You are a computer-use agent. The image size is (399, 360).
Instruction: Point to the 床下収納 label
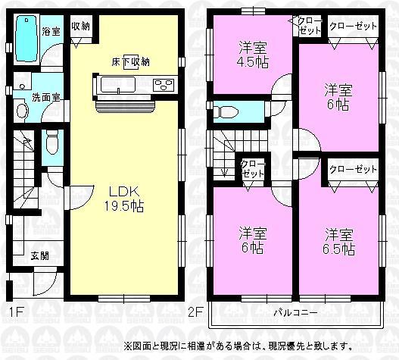(130, 61)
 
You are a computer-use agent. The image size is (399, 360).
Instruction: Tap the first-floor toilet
(51, 142)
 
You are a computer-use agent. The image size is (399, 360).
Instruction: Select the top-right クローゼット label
(353, 26)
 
